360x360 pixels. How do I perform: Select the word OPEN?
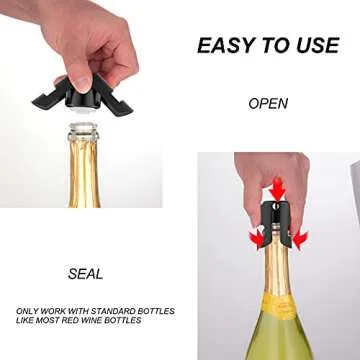point(268,103)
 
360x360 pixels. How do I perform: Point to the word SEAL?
point(85,273)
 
